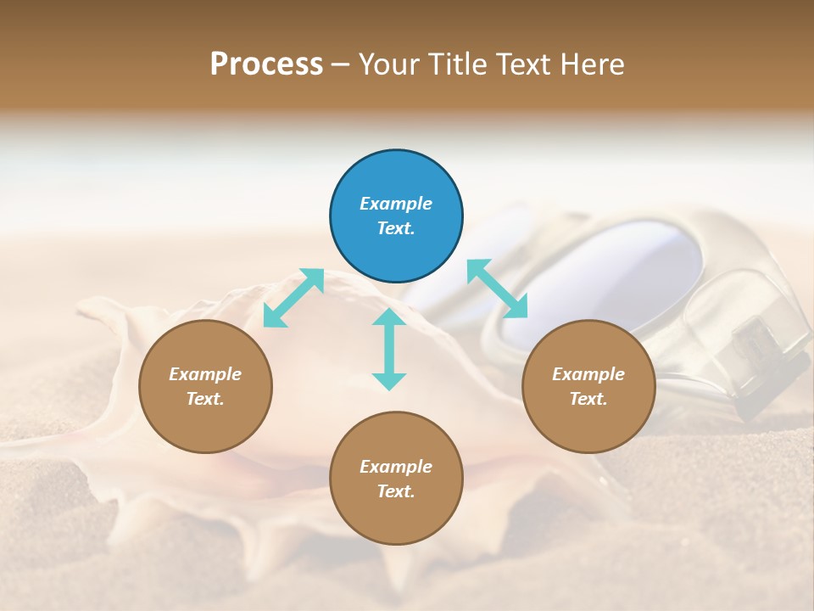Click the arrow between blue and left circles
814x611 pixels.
[293, 298]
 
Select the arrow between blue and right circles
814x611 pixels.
[497, 289]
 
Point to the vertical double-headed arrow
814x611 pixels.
[389, 349]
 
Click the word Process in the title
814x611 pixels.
[266, 64]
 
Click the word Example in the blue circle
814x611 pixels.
[396, 204]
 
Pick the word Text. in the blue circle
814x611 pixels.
[396, 228]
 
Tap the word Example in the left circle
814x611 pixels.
[205, 374]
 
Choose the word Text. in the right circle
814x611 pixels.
[588, 399]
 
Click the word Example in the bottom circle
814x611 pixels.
[396, 467]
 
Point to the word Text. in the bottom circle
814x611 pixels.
[396, 491]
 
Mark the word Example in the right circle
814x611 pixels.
[588, 374]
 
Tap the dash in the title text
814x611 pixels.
[341, 64]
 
